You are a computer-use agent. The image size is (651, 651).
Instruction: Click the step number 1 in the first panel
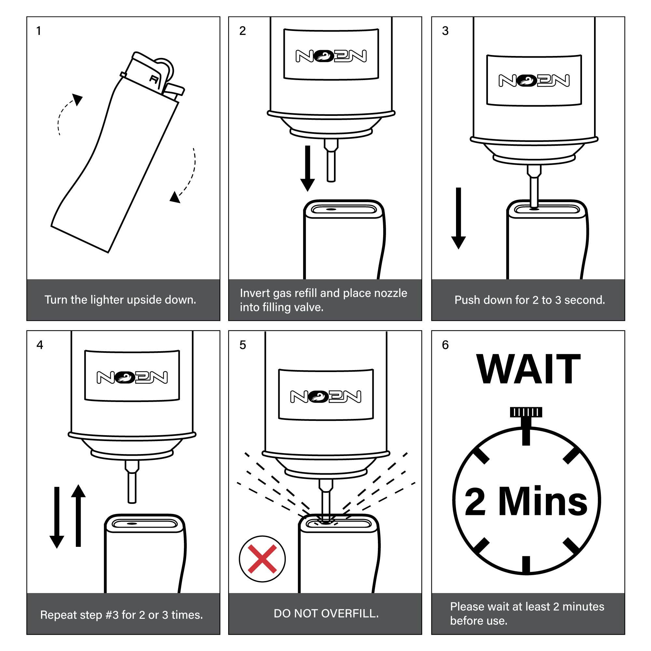point(38,31)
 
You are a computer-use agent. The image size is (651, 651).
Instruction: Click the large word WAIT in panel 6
point(528,370)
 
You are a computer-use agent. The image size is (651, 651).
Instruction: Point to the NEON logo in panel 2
point(331,56)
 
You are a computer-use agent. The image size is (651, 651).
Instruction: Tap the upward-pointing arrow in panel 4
point(78,516)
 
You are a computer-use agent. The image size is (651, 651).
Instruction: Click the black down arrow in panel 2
point(307,168)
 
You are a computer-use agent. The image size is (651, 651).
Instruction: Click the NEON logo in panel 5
point(326,396)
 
